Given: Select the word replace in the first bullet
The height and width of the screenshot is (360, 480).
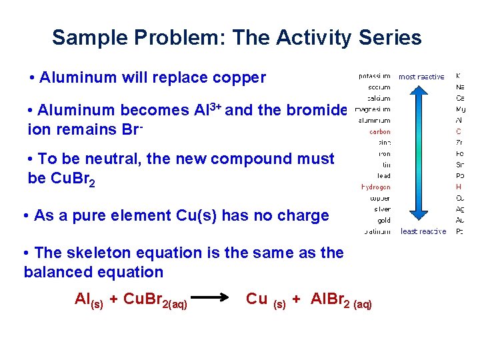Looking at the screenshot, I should (182, 78).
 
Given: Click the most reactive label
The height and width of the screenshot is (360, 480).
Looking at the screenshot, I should (421, 77).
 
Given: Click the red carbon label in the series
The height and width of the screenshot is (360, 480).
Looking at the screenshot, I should (380, 131).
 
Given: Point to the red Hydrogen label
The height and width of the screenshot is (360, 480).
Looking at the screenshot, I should (376, 187).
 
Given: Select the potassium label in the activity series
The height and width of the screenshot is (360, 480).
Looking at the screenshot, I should (374, 76).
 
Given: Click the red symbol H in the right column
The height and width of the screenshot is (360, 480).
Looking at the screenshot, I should (459, 187).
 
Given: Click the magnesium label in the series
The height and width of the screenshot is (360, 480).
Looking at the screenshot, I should (373, 109).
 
